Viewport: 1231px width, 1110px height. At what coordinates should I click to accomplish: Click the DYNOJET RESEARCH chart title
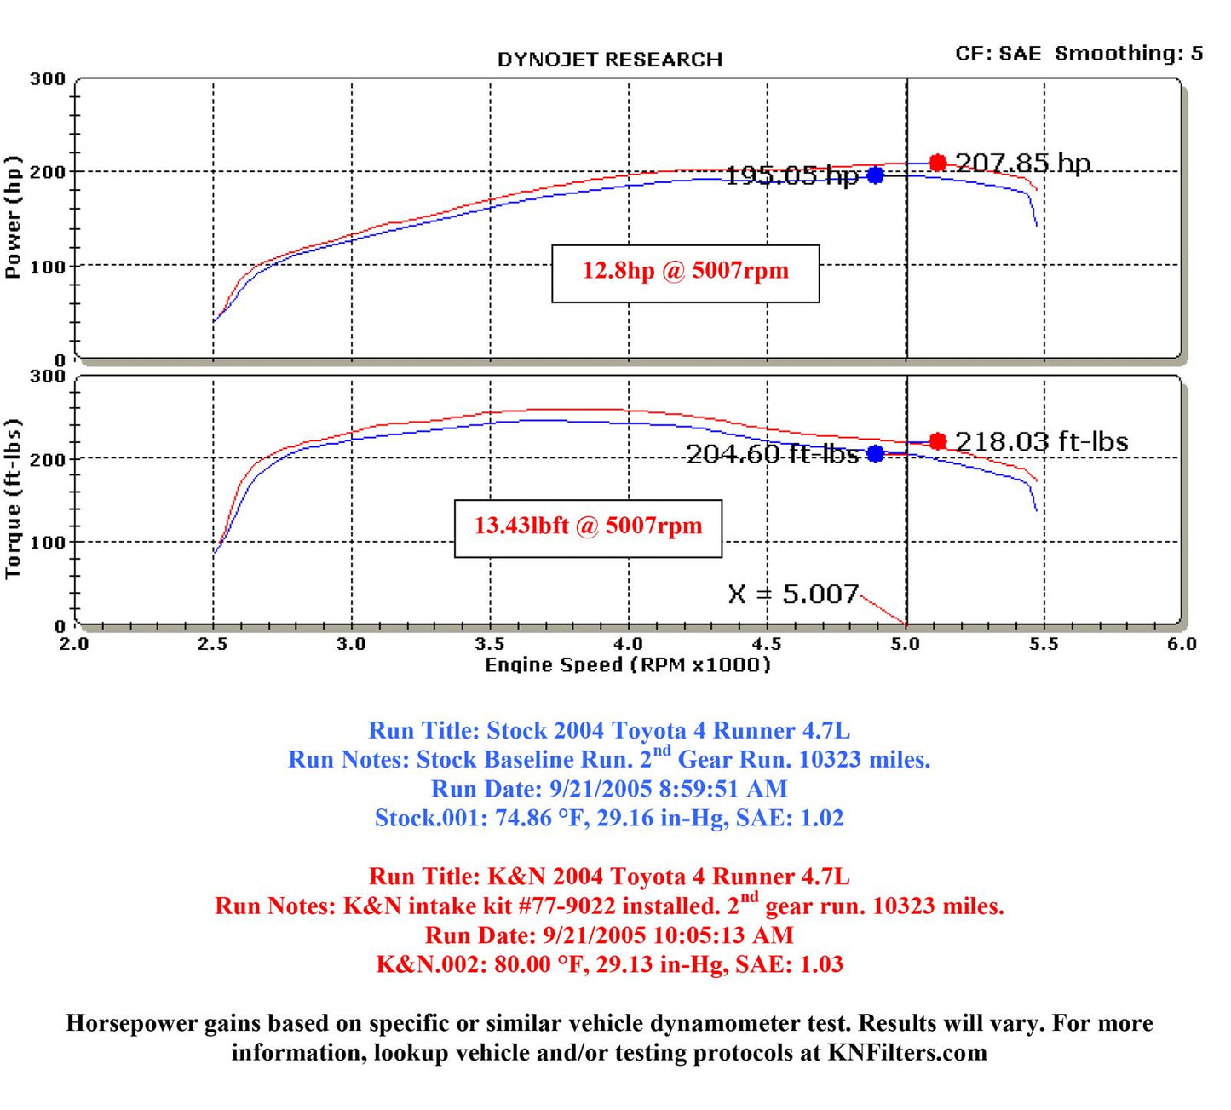(609, 60)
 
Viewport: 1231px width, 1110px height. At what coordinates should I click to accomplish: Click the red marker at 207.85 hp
(937, 163)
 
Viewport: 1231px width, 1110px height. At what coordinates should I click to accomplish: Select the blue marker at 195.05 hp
(876, 175)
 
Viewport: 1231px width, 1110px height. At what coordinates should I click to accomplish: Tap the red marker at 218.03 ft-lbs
(937, 440)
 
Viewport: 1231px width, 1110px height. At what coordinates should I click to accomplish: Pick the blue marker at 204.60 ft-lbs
(876, 454)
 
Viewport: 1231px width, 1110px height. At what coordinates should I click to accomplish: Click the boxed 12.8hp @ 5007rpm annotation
(686, 273)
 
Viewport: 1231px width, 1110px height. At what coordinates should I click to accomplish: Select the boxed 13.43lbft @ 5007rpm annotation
(588, 529)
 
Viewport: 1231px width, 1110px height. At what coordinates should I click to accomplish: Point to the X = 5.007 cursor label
(793, 594)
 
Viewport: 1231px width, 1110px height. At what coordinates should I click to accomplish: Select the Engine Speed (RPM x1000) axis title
(627, 664)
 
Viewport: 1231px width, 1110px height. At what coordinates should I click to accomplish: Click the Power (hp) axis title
(12, 217)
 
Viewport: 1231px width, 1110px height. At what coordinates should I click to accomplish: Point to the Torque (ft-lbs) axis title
(12, 498)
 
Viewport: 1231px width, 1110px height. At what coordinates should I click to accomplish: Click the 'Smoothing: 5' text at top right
(1129, 54)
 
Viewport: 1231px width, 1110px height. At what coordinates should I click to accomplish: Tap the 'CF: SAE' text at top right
(998, 54)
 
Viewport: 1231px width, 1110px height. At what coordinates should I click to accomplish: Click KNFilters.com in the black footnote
(907, 1052)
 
